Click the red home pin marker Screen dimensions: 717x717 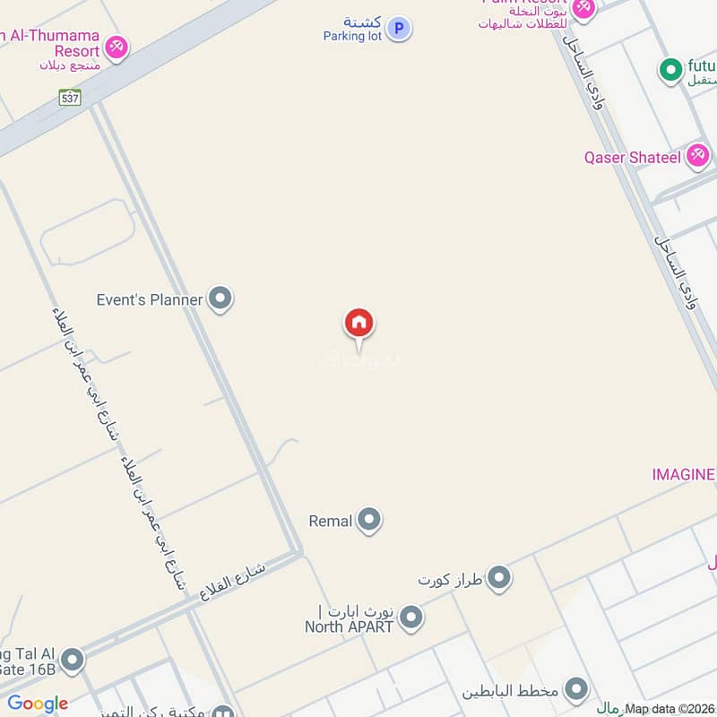(x=359, y=324)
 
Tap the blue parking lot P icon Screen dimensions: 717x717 (x=399, y=29)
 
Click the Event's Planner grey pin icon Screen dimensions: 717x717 (x=220, y=299)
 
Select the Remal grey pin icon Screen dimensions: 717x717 (x=368, y=520)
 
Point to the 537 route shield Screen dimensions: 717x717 (x=71, y=98)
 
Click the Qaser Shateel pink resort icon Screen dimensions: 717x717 (x=697, y=156)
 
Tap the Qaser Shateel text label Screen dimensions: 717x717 (x=633, y=158)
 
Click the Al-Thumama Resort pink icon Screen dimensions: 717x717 (x=115, y=46)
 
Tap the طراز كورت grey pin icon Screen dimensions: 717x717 (x=499, y=578)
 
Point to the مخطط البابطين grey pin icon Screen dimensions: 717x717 (x=576, y=689)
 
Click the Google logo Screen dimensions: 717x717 (x=38, y=704)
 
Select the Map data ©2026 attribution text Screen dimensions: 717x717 (x=669, y=709)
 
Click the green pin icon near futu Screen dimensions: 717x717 (x=669, y=68)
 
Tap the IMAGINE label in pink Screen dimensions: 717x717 (x=683, y=474)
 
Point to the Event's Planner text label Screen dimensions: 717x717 (x=150, y=300)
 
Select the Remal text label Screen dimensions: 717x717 (x=330, y=521)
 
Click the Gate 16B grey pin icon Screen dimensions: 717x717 (x=72, y=661)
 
